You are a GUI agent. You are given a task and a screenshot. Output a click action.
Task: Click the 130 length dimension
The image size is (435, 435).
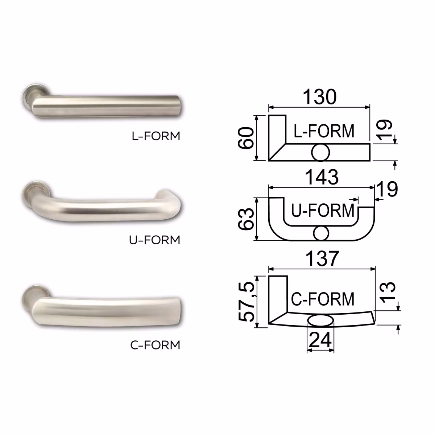[x=319, y=97]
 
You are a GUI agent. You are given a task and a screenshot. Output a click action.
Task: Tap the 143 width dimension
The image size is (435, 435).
[x=322, y=177]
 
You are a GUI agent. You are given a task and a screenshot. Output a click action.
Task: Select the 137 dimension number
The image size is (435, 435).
[x=322, y=258]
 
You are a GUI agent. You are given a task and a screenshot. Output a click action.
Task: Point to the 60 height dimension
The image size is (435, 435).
[x=246, y=138]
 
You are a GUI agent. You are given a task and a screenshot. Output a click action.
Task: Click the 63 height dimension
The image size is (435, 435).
[x=246, y=219]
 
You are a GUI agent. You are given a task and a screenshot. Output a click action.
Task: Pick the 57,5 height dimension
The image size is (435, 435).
[x=246, y=302]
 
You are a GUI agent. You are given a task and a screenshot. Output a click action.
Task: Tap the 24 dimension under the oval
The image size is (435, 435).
[x=320, y=340]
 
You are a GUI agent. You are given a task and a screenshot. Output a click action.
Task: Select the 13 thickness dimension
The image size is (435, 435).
[x=388, y=292]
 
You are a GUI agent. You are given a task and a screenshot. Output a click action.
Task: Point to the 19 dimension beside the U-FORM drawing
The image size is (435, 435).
[x=387, y=189]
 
